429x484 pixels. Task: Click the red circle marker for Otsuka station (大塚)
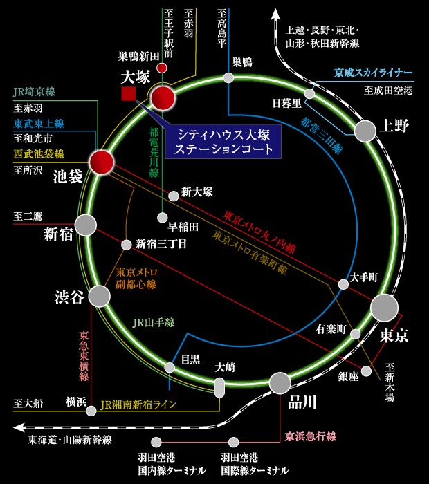164,98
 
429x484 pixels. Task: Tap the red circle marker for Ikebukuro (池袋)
101,162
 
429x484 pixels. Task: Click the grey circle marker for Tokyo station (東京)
384,308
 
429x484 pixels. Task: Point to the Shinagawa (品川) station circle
280,382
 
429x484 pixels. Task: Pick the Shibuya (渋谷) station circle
100,296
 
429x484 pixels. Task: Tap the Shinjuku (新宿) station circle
85,225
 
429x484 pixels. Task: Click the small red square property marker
128,94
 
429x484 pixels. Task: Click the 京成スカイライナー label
373,73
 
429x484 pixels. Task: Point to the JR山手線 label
153,322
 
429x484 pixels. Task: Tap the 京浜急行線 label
311,436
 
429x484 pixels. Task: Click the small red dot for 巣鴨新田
162,68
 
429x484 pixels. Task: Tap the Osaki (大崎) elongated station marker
220,387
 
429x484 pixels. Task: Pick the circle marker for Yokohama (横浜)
91,411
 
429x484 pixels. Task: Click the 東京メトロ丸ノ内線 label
259,232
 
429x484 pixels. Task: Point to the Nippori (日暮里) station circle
309,93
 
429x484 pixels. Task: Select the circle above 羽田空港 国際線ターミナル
234,441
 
